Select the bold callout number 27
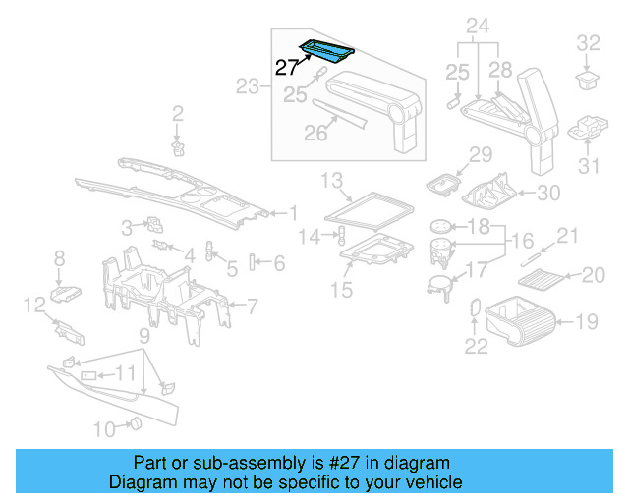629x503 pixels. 286,68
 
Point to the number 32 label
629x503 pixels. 588,42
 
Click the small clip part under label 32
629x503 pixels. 587,77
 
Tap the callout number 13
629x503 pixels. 331,179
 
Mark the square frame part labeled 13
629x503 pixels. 370,208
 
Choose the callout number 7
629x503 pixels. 252,307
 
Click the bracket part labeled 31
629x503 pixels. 589,129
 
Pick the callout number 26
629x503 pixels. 315,133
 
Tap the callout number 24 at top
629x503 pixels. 477,24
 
